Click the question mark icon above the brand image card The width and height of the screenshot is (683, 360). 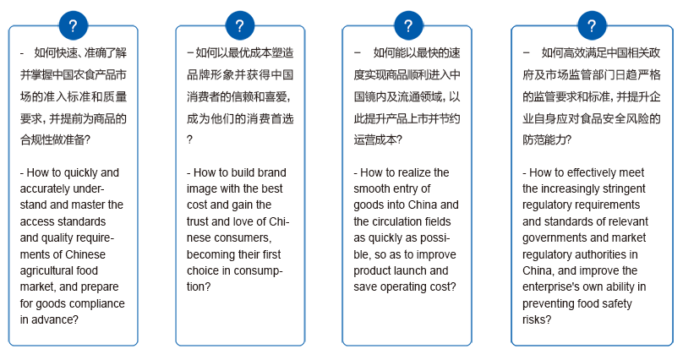(240, 25)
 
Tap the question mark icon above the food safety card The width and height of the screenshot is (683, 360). (592, 25)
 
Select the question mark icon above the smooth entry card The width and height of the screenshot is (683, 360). (408, 25)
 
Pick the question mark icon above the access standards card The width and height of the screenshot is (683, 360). (74, 25)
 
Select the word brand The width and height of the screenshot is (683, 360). (271, 173)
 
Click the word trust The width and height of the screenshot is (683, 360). (197, 221)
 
